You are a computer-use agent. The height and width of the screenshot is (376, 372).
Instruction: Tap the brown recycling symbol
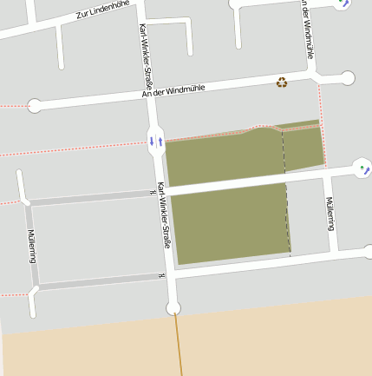coord(282,82)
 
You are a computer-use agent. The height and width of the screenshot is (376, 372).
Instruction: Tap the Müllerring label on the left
coord(31,247)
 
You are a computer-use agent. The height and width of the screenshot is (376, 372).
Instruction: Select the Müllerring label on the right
coord(330,214)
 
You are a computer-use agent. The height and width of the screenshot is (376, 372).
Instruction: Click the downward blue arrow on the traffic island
coord(152,140)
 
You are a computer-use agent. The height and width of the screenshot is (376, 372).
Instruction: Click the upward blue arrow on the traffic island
coord(160,140)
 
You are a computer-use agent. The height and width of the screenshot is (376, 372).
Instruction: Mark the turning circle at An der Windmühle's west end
coord(35,106)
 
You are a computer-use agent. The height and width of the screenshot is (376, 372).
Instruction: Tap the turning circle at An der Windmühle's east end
coord(348,78)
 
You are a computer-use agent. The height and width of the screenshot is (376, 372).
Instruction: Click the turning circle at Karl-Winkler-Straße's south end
coord(173,307)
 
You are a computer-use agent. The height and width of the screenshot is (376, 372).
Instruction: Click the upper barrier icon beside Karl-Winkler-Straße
coord(151,194)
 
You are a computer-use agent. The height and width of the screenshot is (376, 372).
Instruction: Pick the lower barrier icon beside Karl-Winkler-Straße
coord(161,276)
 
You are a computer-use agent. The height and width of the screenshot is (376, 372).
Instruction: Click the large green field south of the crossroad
coord(231,222)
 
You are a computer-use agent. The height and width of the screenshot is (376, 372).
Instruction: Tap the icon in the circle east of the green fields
coord(363,168)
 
